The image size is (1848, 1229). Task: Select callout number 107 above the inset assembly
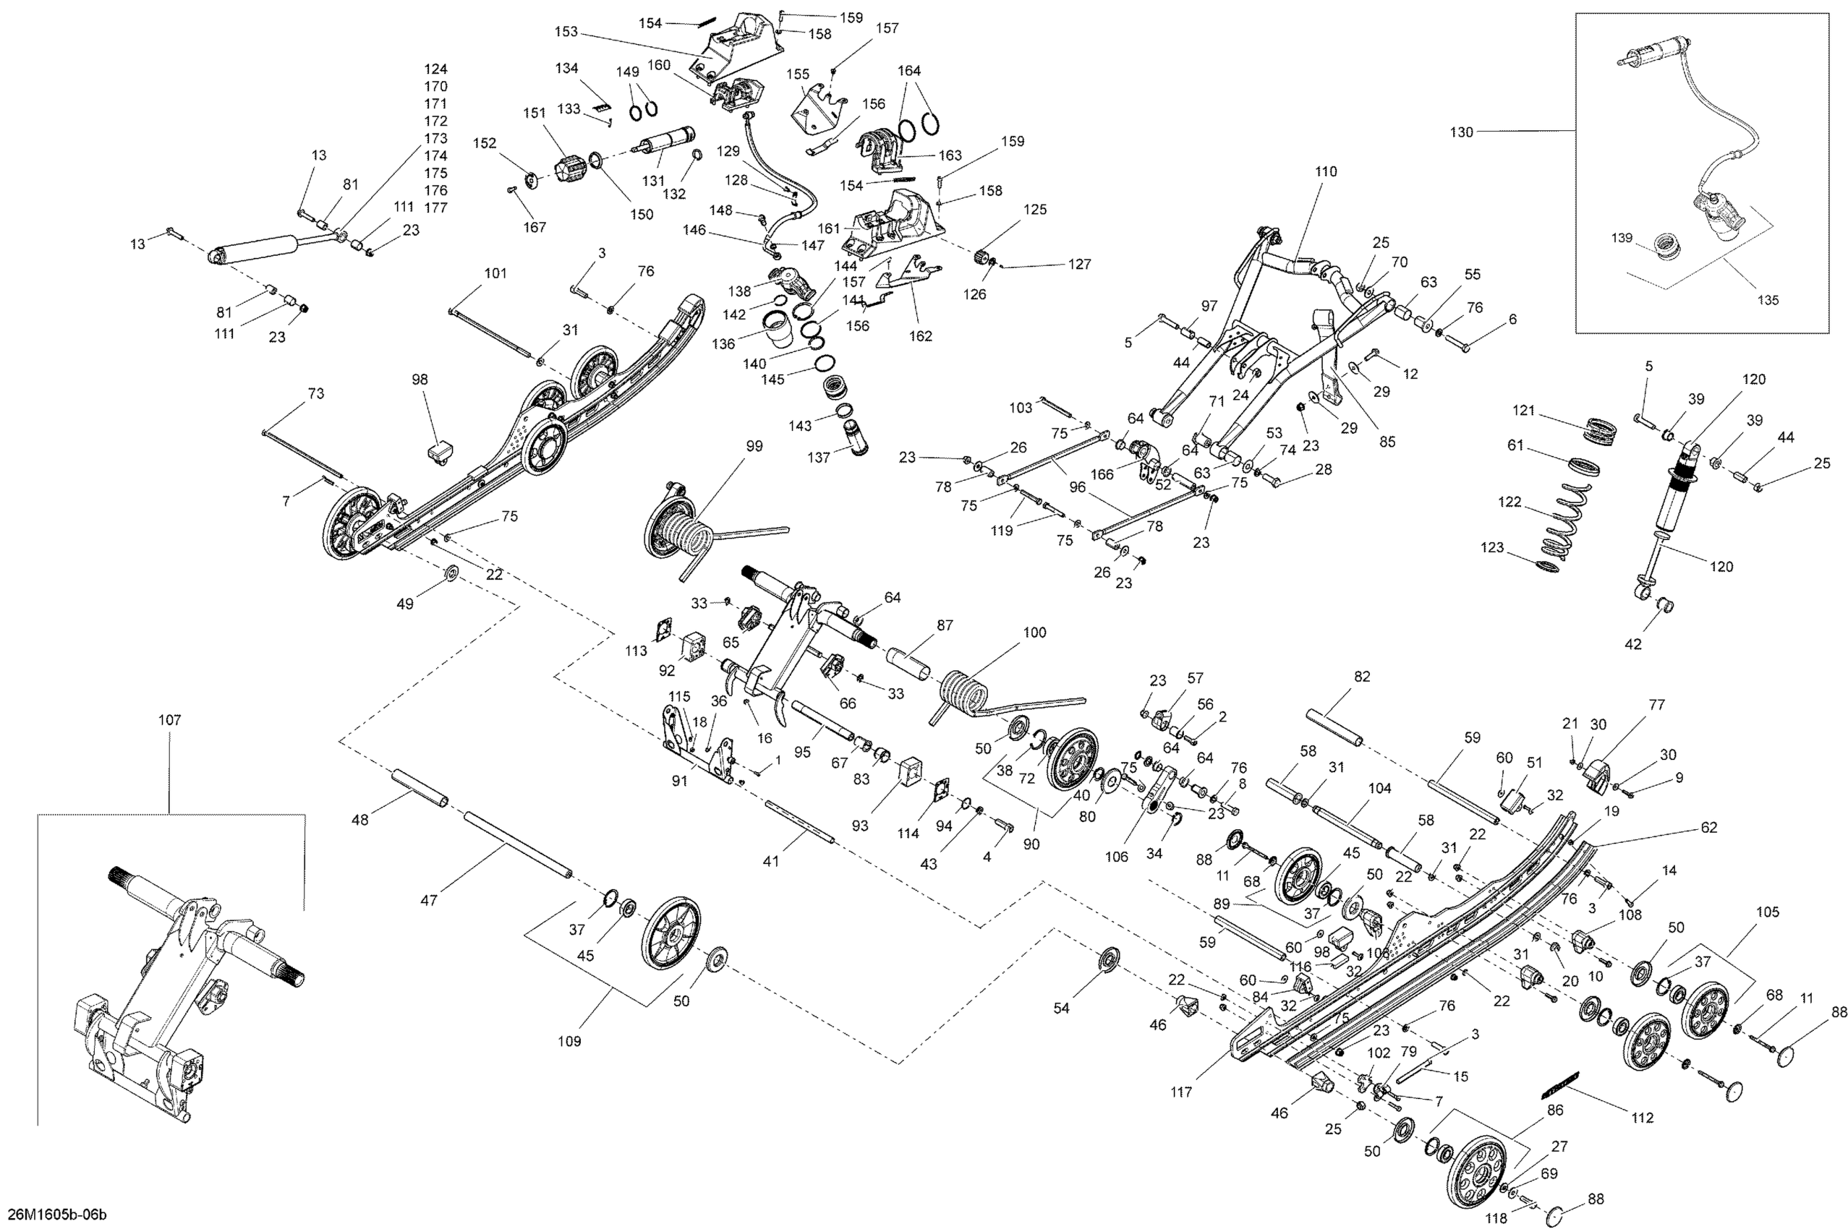click(169, 720)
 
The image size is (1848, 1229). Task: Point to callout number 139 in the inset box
click(1622, 238)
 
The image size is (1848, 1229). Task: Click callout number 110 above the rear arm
click(1326, 171)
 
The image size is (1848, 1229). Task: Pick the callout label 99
click(754, 446)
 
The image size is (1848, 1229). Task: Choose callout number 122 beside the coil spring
click(1510, 502)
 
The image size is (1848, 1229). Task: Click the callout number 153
click(566, 32)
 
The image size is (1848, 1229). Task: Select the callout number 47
click(428, 901)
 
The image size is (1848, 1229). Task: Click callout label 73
click(315, 393)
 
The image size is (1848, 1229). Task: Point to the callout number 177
click(435, 207)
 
